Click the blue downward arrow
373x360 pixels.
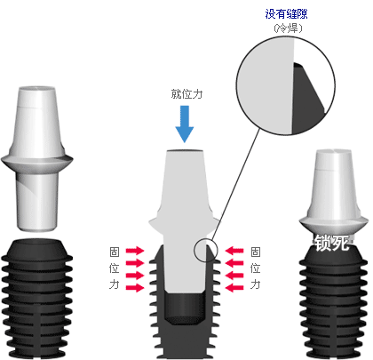point(185,124)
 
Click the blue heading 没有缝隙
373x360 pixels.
point(286,14)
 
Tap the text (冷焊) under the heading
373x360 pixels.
point(288,28)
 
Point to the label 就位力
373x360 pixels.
point(186,94)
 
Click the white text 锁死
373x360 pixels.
point(331,243)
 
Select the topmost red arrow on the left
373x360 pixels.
point(135,251)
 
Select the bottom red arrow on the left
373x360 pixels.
point(135,287)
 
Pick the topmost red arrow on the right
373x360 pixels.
point(234,251)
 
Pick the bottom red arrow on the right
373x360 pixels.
point(234,287)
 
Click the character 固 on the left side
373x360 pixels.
point(115,252)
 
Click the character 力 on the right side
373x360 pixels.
point(256,284)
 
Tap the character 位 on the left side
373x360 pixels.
point(115,268)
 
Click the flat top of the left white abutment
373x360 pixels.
point(37,89)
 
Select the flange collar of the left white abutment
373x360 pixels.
point(37,162)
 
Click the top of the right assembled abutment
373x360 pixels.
point(334,152)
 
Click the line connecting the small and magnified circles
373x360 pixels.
point(235,185)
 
